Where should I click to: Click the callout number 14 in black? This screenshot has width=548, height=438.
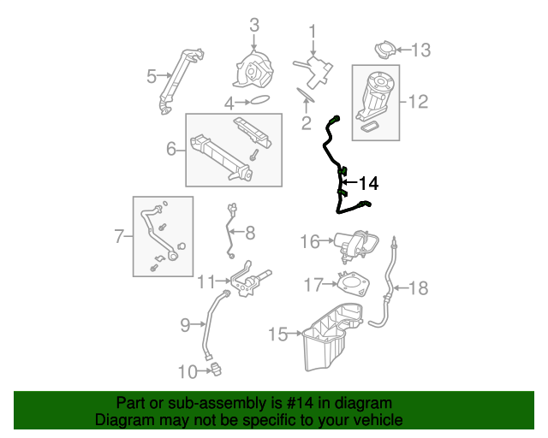[x=369, y=183]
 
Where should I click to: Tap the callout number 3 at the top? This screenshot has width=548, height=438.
[x=254, y=25]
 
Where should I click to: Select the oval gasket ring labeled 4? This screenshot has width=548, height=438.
[x=259, y=100]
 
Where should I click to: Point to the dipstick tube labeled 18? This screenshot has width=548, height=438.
[x=387, y=287]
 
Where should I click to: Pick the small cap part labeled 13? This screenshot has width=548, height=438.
[x=385, y=50]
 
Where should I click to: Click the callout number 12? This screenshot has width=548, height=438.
[x=418, y=102]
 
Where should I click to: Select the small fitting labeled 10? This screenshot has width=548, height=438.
[x=217, y=370]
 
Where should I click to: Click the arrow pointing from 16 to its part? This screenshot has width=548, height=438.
[x=327, y=240]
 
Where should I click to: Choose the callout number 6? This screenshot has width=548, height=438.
[x=171, y=149]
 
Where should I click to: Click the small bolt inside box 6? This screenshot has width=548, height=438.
[x=253, y=155]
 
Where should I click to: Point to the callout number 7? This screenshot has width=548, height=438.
[x=119, y=236]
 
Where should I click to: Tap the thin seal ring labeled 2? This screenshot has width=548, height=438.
[x=306, y=95]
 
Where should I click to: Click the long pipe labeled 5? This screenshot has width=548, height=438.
[x=180, y=81]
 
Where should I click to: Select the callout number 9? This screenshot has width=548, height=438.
[x=185, y=325]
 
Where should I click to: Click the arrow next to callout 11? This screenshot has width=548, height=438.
[x=223, y=281]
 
